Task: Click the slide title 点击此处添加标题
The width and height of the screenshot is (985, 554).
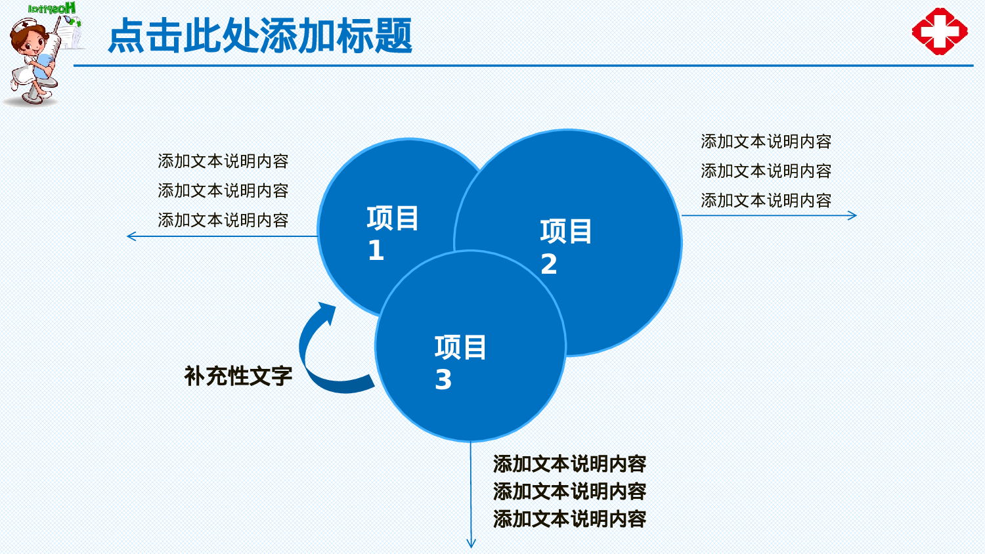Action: click(260, 35)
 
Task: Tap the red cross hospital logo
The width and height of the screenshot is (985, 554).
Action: click(940, 31)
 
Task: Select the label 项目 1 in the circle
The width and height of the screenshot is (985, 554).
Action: click(392, 233)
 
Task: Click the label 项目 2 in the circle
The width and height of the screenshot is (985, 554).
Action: click(565, 246)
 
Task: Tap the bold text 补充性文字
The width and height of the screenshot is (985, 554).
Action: click(238, 376)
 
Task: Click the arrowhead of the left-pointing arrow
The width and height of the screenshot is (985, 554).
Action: click(130, 236)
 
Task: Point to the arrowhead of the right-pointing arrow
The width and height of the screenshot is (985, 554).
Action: click(853, 215)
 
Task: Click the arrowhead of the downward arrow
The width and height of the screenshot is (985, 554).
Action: click(471, 543)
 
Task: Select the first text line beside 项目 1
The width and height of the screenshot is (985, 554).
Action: click(223, 161)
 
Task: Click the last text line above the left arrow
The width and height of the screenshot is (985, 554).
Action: click(223, 221)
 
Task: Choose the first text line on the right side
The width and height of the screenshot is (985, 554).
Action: click(766, 142)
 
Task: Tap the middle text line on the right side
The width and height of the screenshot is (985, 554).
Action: click(766, 171)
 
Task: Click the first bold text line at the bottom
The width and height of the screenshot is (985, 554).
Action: click(569, 464)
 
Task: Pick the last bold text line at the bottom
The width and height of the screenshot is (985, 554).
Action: click(569, 519)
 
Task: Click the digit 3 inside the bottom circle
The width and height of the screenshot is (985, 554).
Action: click(443, 380)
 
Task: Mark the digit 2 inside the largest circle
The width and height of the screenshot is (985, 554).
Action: click(549, 265)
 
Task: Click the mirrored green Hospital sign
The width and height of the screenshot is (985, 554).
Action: click(53, 9)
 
